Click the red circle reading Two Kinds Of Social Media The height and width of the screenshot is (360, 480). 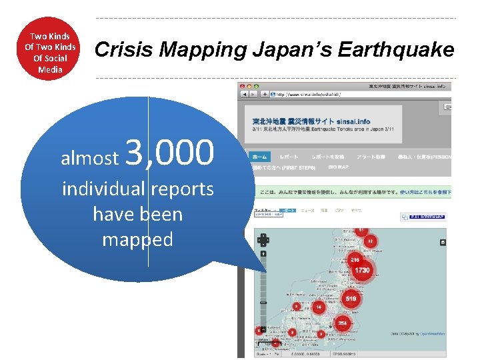(x=51, y=52)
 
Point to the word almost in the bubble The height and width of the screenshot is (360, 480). (x=89, y=158)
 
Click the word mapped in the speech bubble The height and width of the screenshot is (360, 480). (x=137, y=239)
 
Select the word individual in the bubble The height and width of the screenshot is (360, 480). (x=103, y=189)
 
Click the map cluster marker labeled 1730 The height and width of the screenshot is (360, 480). (x=362, y=271)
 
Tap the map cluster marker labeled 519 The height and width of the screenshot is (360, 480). (x=351, y=299)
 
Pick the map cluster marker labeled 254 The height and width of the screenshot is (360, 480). (x=342, y=323)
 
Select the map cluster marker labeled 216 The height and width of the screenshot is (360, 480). (x=355, y=259)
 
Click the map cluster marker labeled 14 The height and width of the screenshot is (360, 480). (x=319, y=307)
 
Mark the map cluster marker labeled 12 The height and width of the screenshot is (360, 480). (x=369, y=241)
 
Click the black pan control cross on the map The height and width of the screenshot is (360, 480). (x=263, y=240)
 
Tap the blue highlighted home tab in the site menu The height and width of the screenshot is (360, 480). (x=259, y=157)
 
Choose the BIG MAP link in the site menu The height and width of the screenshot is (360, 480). (x=338, y=167)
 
